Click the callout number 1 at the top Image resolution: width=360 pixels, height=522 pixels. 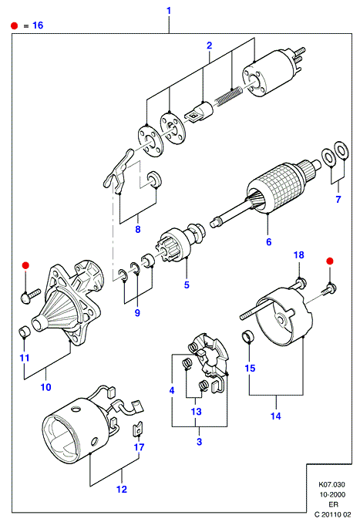pos(169,11)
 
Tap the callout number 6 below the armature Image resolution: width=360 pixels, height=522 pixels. pos(269,242)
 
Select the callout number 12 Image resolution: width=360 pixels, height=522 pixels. pos(122,490)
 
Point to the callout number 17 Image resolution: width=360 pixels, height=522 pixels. pos(139,447)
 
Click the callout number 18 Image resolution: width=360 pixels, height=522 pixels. pos(299,255)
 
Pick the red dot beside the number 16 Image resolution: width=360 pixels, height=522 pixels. pos(15,25)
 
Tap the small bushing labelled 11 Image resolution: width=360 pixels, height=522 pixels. pos(24,332)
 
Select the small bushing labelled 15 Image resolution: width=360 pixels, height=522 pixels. pos(248,336)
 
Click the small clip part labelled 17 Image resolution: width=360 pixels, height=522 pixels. pos(138,429)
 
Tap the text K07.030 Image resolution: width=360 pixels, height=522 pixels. pos(331,484)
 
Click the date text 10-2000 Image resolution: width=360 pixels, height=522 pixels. pos(332,494)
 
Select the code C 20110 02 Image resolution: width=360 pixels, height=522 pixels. pos(333,514)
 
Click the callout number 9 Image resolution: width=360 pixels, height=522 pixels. pos(137,313)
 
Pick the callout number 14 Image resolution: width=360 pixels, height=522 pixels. pos(276,416)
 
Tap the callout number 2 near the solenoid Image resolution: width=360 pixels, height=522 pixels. pos(209,45)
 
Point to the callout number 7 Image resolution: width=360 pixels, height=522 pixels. pos(338,200)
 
